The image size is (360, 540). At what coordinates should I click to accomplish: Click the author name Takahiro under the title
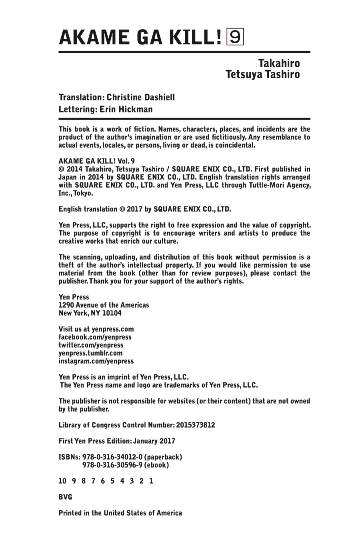(x=279, y=64)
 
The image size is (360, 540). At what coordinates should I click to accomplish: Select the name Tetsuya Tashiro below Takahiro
(x=263, y=74)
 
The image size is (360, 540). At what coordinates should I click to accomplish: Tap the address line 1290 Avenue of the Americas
(x=104, y=305)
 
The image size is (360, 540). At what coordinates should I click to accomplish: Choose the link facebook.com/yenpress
(x=95, y=337)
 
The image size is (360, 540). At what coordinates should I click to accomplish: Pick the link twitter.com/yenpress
(x=91, y=345)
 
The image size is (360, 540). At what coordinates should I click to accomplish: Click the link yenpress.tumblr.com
(x=90, y=353)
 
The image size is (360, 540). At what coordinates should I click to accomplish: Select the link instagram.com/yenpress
(x=96, y=361)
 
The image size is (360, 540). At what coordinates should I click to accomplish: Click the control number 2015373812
(x=195, y=425)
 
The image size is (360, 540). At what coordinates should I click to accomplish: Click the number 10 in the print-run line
(x=62, y=481)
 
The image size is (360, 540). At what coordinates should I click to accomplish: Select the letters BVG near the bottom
(x=66, y=497)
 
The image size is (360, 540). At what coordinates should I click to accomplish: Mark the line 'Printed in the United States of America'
(x=120, y=513)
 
